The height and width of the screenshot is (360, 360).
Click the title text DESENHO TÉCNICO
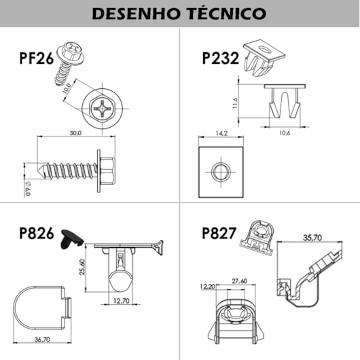(179, 13)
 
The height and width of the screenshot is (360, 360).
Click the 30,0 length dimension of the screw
(75, 132)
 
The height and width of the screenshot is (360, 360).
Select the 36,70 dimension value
(43, 340)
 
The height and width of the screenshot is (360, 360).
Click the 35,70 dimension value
(312, 238)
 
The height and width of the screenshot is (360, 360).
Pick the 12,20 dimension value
(207, 286)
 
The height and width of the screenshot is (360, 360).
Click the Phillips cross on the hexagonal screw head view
(103, 107)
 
